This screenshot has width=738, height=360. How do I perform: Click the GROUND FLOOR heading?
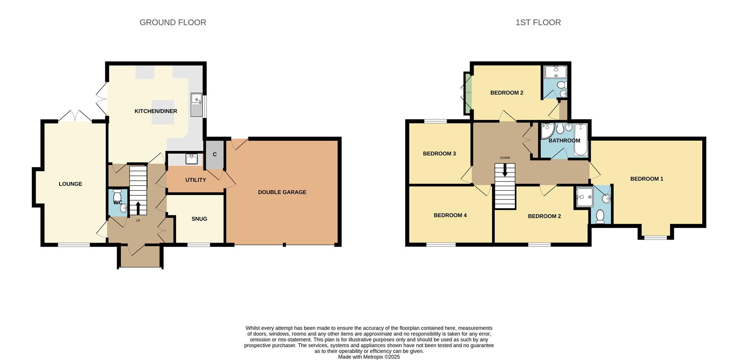coord(173,22)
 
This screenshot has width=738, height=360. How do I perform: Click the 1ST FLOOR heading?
coord(538,22)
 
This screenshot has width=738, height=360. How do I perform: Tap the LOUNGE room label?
coord(70,184)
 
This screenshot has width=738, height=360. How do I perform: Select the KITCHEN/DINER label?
coord(156,111)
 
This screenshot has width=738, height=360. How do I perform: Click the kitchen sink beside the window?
coord(196,105)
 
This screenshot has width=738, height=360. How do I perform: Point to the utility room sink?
coord(191,159)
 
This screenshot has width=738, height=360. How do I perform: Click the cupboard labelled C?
coord(214,155)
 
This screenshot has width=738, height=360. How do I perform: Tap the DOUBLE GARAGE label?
coord(282,192)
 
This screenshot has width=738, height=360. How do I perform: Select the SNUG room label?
coord(199,219)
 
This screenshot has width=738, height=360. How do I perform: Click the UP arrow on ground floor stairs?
coord(138,208)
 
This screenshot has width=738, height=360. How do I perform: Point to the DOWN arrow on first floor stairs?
coord(505,171)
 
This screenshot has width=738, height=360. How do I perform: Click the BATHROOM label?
coord(564,140)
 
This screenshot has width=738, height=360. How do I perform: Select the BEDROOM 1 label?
coord(647,179)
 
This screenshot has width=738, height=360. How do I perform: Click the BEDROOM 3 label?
coord(439,153)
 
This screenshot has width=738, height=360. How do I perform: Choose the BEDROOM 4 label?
coord(450,215)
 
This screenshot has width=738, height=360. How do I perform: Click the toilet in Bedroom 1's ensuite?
coord(600,217)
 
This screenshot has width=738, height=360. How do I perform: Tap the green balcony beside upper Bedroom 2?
coord(468,93)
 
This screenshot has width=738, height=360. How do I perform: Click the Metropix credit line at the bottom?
coord(369,357)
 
